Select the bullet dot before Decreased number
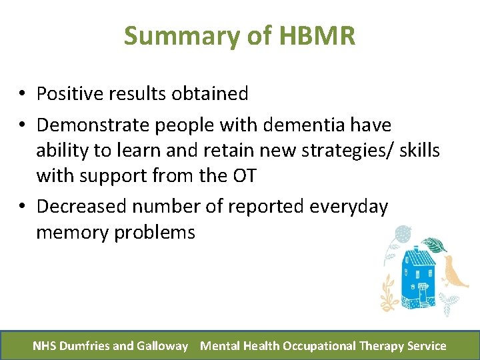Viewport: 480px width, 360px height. (23, 207)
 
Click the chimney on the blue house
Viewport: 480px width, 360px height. (407, 247)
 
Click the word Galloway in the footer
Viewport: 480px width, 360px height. (162, 346)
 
